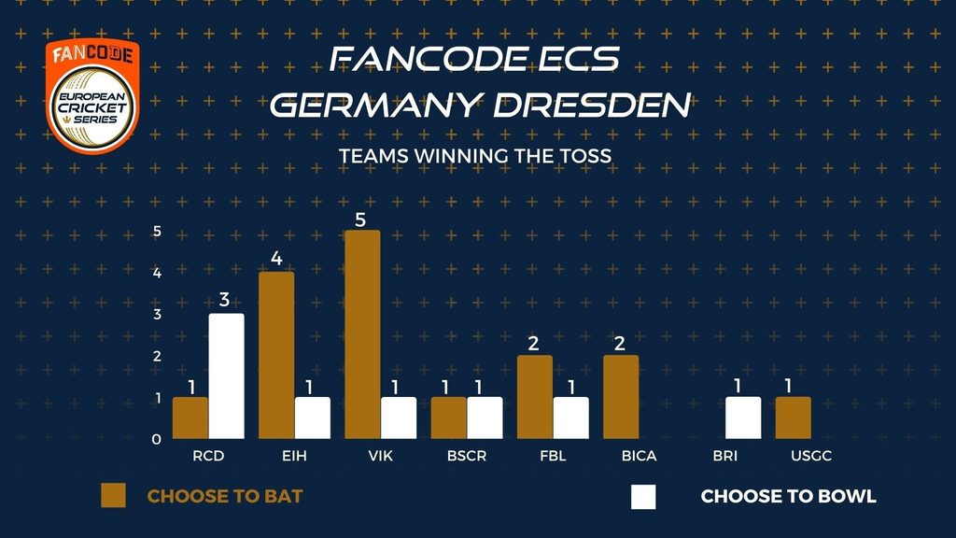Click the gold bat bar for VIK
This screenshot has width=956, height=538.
click(362, 334)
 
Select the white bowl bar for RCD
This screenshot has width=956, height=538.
click(226, 376)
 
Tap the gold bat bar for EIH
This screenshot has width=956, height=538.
click(276, 355)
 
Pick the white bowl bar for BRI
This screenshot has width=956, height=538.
click(743, 418)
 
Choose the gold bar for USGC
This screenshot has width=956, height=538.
click(794, 418)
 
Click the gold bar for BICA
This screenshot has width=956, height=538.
click(621, 397)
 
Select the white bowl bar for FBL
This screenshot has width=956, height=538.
click(571, 418)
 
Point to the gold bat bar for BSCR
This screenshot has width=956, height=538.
click(449, 418)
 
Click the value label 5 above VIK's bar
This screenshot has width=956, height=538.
click(360, 219)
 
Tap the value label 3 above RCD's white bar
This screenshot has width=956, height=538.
click(224, 300)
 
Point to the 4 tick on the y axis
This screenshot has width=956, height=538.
click(157, 273)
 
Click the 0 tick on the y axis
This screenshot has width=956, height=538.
click(157, 439)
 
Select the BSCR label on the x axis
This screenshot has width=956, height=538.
click(467, 456)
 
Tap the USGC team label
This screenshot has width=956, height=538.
click(811, 456)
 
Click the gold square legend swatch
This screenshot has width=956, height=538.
click(113, 496)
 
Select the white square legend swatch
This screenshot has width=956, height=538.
click(643, 497)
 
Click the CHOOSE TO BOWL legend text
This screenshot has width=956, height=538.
click(788, 497)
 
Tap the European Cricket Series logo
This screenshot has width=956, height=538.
click(92, 96)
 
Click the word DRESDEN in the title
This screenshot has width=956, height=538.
click(591, 105)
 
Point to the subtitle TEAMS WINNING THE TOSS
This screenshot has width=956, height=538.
click(475, 156)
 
